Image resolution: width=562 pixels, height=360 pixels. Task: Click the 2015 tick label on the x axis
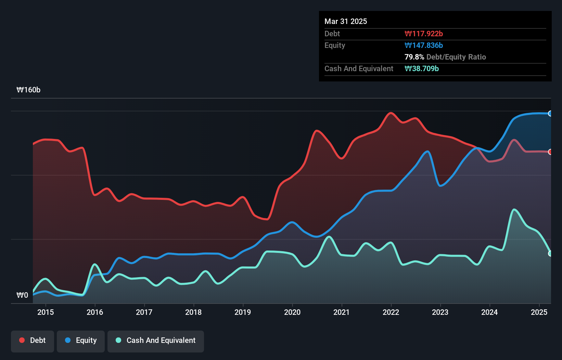click(x=46, y=312)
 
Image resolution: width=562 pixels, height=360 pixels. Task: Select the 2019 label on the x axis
click(x=243, y=312)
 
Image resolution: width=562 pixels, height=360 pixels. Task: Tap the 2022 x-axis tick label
click(x=391, y=312)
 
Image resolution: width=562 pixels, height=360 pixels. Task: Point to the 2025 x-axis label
click(x=539, y=312)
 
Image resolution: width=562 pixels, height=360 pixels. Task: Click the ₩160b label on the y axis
click(x=28, y=90)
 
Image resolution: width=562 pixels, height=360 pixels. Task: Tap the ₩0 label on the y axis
click(x=22, y=295)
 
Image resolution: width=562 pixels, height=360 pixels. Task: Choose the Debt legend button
click(x=33, y=340)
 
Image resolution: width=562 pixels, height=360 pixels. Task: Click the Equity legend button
click(x=81, y=340)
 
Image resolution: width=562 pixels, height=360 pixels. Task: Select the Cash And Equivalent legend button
click(x=156, y=340)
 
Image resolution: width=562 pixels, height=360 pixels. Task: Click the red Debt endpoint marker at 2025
click(x=550, y=152)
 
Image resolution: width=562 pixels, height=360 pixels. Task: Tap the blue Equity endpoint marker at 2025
click(x=550, y=114)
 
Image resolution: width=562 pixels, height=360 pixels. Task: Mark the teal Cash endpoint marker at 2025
click(x=550, y=254)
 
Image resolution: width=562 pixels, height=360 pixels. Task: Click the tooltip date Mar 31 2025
click(x=346, y=21)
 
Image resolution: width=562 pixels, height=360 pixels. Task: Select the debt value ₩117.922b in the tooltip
click(x=424, y=34)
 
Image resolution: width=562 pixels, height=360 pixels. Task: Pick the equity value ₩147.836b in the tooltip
click(x=424, y=45)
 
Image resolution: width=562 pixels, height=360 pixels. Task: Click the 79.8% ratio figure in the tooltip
click(x=414, y=57)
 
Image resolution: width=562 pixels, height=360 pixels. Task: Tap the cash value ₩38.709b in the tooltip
click(x=422, y=68)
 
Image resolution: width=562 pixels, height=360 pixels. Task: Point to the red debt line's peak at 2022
click(x=391, y=113)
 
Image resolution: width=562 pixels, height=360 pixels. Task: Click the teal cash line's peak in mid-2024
click(x=514, y=209)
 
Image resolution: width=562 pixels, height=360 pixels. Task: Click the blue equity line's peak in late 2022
click(x=427, y=151)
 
